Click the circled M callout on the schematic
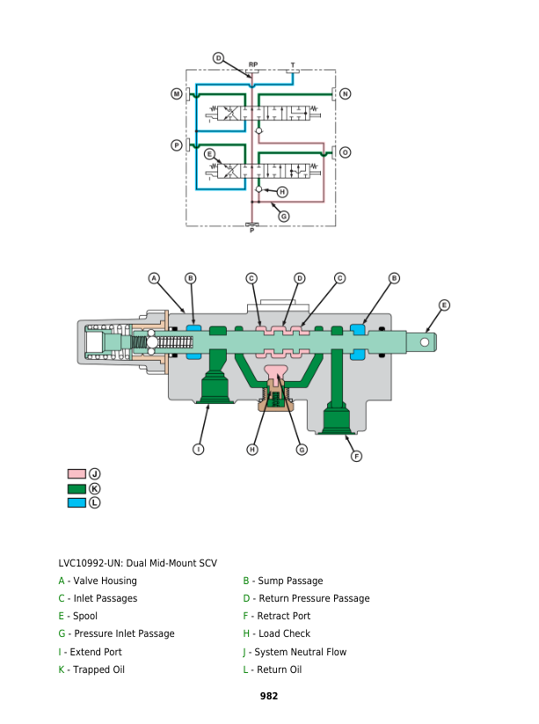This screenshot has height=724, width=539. click(x=177, y=93)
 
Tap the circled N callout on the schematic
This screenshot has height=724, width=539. click(x=345, y=93)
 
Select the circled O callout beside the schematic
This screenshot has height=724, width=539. click(x=345, y=152)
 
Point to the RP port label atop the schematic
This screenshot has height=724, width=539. click(x=252, y=64)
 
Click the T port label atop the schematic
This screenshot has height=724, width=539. click(x=293, y=64)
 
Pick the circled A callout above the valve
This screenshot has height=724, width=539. click(x=154, y=278)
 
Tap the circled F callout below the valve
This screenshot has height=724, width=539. click(x=356, y=456)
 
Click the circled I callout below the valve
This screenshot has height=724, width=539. click(x=199, y=449)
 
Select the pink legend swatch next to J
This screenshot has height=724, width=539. click(x=76, y=474)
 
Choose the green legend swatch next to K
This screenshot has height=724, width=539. click(x=76, y=488)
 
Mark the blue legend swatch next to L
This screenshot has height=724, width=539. click(x=76, y=502)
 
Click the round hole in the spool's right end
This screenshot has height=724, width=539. click(x=425, y=341)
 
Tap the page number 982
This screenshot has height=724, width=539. click(x=269, y=696)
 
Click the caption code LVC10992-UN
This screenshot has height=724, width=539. click(x=97, y=563)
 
